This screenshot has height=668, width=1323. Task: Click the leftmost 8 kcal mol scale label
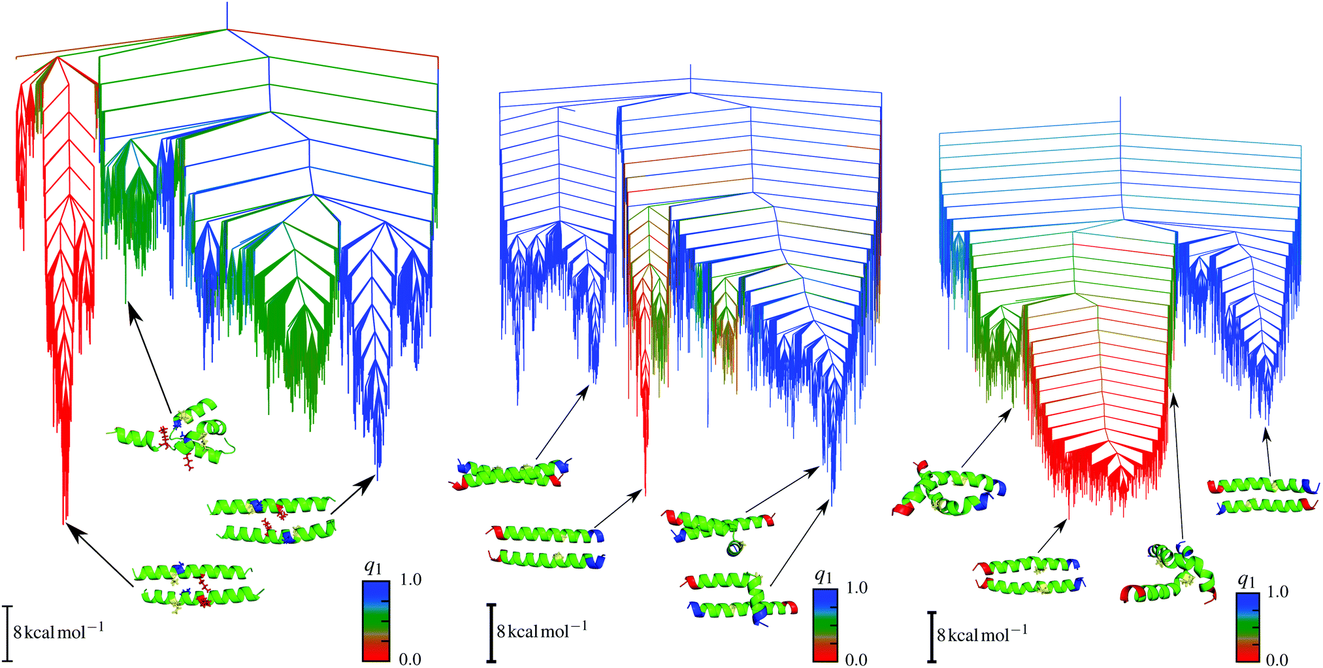58,631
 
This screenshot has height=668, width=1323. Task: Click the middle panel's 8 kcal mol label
542,630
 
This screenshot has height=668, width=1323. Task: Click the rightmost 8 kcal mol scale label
982,633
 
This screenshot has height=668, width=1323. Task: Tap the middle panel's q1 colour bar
825,626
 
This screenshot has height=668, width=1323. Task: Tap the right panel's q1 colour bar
1247,627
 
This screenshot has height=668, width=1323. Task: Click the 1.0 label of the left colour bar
410,580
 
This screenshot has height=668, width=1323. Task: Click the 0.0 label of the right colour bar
1277,660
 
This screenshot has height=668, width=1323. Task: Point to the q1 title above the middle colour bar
823,576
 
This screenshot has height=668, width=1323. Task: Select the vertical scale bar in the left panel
7,632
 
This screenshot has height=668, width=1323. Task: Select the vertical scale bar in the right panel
932,637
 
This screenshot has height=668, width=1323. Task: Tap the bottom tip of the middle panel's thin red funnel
645,493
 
